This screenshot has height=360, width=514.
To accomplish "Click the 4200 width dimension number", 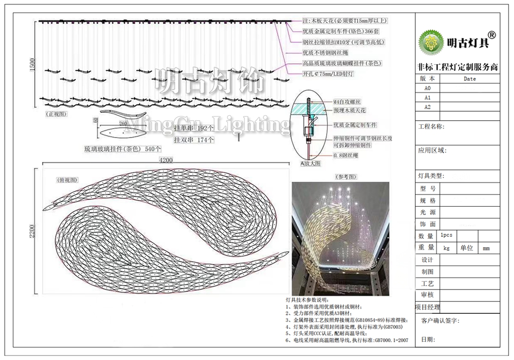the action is click(166, 160).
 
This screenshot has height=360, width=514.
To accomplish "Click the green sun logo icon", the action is click(430, 42).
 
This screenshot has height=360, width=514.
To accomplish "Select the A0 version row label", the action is click(428, 88).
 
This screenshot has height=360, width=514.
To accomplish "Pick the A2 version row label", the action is click(428, 107).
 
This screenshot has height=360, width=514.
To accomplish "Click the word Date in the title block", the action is click(469, 79).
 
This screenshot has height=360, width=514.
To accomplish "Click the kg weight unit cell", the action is click(446, 248).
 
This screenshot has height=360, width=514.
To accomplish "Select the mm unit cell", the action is click(486, 248).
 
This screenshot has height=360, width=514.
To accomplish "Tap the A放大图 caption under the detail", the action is click(311, 163).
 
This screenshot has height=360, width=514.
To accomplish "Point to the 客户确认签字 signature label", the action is click(440, 321).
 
